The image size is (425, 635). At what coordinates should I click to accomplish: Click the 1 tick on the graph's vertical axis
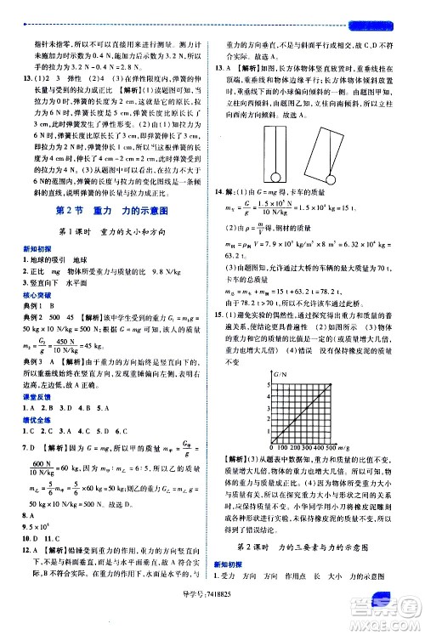tap(269, 424)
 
